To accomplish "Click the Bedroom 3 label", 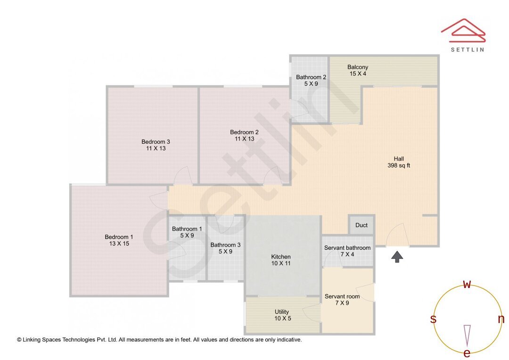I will point(156,145).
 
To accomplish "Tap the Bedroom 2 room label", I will point(244,135).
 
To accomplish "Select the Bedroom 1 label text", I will point(119,240).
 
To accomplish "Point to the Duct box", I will point(361,225).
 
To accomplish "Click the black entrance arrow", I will point(397,256).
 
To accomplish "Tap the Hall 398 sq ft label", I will point(399,162).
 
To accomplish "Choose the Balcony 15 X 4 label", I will point(358,70).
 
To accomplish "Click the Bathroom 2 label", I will point(311,80).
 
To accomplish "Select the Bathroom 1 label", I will point(187,232).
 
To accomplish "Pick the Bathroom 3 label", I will point(225,248).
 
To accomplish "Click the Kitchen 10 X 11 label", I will point(281,260).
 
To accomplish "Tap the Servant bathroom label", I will point(347,251).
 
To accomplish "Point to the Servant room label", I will point(342,300).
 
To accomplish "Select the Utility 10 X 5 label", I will point(282,315).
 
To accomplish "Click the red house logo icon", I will point(463,30).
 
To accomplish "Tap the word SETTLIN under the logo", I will point(467,49).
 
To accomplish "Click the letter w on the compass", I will point(467,284).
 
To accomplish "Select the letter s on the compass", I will point(433,319).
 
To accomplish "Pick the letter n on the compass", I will point(501,319).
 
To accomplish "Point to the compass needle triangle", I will point(467,335).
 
